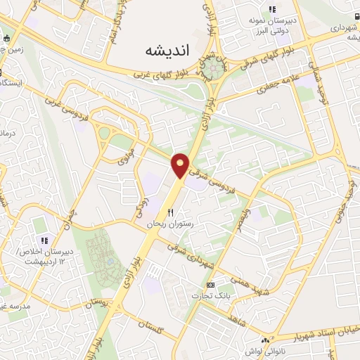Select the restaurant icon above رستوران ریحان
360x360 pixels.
pyautogui.click(x=170, y=212)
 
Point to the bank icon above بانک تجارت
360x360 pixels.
pyautogui.click(x=210, y=285)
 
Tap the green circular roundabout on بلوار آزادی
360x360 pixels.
pyautogui.click(x=217, y=68)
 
